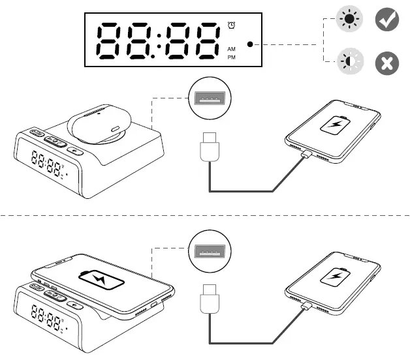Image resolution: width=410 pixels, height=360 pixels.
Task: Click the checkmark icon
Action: (386, 21)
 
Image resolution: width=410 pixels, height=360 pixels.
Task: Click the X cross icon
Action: (386, 64)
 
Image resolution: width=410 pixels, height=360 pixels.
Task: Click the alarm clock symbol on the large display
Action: (231, 25)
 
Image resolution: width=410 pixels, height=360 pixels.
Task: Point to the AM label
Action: (231, 49)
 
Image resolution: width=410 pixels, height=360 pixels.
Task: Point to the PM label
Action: (231, 57)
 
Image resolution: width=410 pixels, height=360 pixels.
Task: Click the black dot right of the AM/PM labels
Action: (250, 45)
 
